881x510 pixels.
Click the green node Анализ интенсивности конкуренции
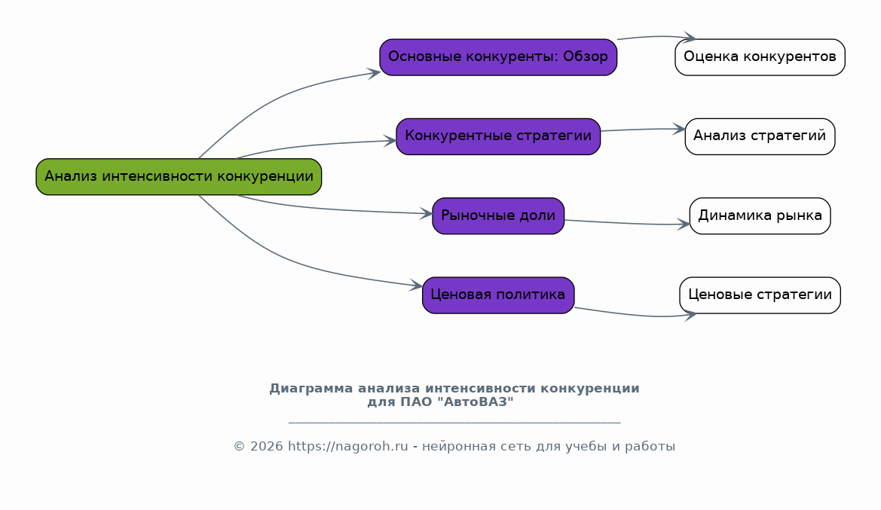[179, 177]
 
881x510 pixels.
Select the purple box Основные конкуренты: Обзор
[498, 57]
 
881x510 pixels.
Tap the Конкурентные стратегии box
[498, 136]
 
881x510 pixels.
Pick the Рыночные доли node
[498, 215]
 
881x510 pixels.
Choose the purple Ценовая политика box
[498, 295]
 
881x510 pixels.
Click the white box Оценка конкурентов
[760, 57]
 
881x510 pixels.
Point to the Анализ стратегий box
[760, 136]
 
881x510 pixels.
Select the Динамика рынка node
[760, 215]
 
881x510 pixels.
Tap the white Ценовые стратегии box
[760, 295]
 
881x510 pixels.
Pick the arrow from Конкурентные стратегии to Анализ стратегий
[643, 129]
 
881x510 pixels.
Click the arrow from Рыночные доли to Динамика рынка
[627, 224]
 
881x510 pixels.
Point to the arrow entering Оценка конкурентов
[657, 36]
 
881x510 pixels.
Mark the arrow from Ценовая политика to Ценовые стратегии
[635, 315]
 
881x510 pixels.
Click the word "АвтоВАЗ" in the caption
[476, 402]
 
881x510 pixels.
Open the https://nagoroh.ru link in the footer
[347, 447]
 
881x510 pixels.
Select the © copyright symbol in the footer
[240, 447]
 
